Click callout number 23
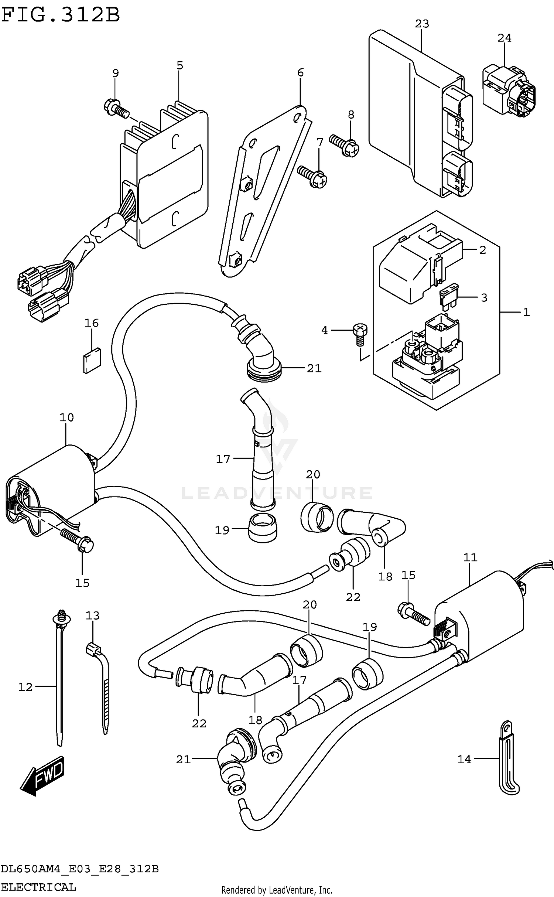422,24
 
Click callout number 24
504,38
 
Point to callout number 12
25,687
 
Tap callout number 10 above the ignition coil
67,418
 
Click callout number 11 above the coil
470,557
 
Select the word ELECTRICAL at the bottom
38,887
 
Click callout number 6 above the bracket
300,73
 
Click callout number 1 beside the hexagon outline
526,313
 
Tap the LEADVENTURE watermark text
277,493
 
